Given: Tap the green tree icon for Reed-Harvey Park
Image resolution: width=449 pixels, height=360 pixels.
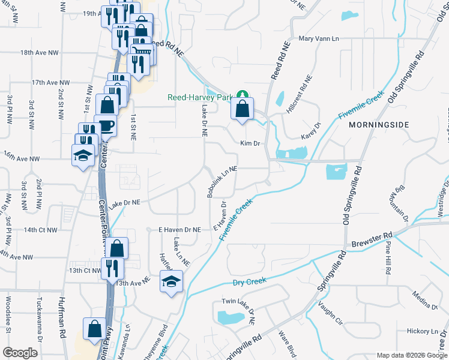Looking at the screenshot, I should pos(242,94).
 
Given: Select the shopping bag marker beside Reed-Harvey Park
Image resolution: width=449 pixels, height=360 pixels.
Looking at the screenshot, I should pos(241,109).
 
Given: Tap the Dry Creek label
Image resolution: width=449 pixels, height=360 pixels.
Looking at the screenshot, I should pos(249,281).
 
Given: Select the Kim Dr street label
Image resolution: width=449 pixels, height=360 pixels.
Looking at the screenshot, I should pos(249,144).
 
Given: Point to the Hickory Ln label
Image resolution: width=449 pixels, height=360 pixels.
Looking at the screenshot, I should pos(423,331).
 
